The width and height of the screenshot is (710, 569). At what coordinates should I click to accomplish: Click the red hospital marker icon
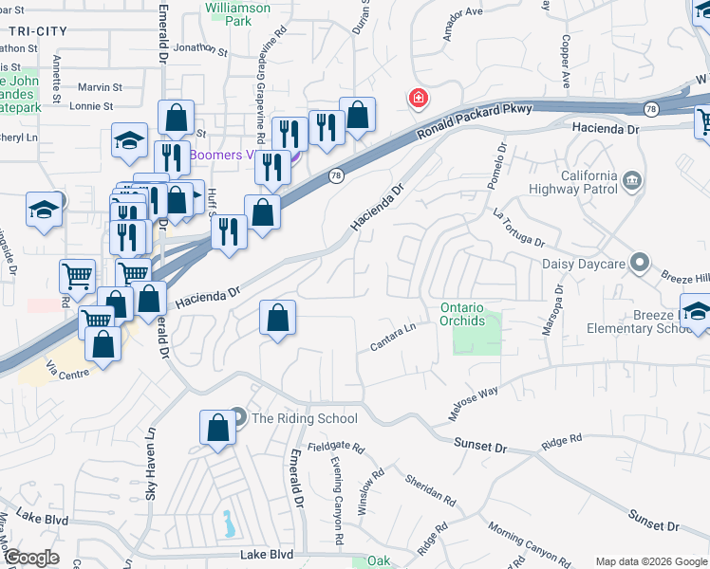[417, 98]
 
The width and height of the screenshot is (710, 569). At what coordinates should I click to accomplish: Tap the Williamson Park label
[237, 13]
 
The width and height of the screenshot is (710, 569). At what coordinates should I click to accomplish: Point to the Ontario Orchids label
[462, 314]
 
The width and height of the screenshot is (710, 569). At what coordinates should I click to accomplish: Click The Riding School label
[305, 418]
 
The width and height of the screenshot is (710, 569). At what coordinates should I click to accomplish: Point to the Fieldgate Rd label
[335, 446]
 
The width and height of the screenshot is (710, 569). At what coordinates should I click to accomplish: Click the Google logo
[31, 558]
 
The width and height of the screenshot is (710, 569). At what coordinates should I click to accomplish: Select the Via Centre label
[68, 369]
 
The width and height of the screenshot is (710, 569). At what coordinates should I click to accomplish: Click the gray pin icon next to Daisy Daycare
[641, 262]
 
